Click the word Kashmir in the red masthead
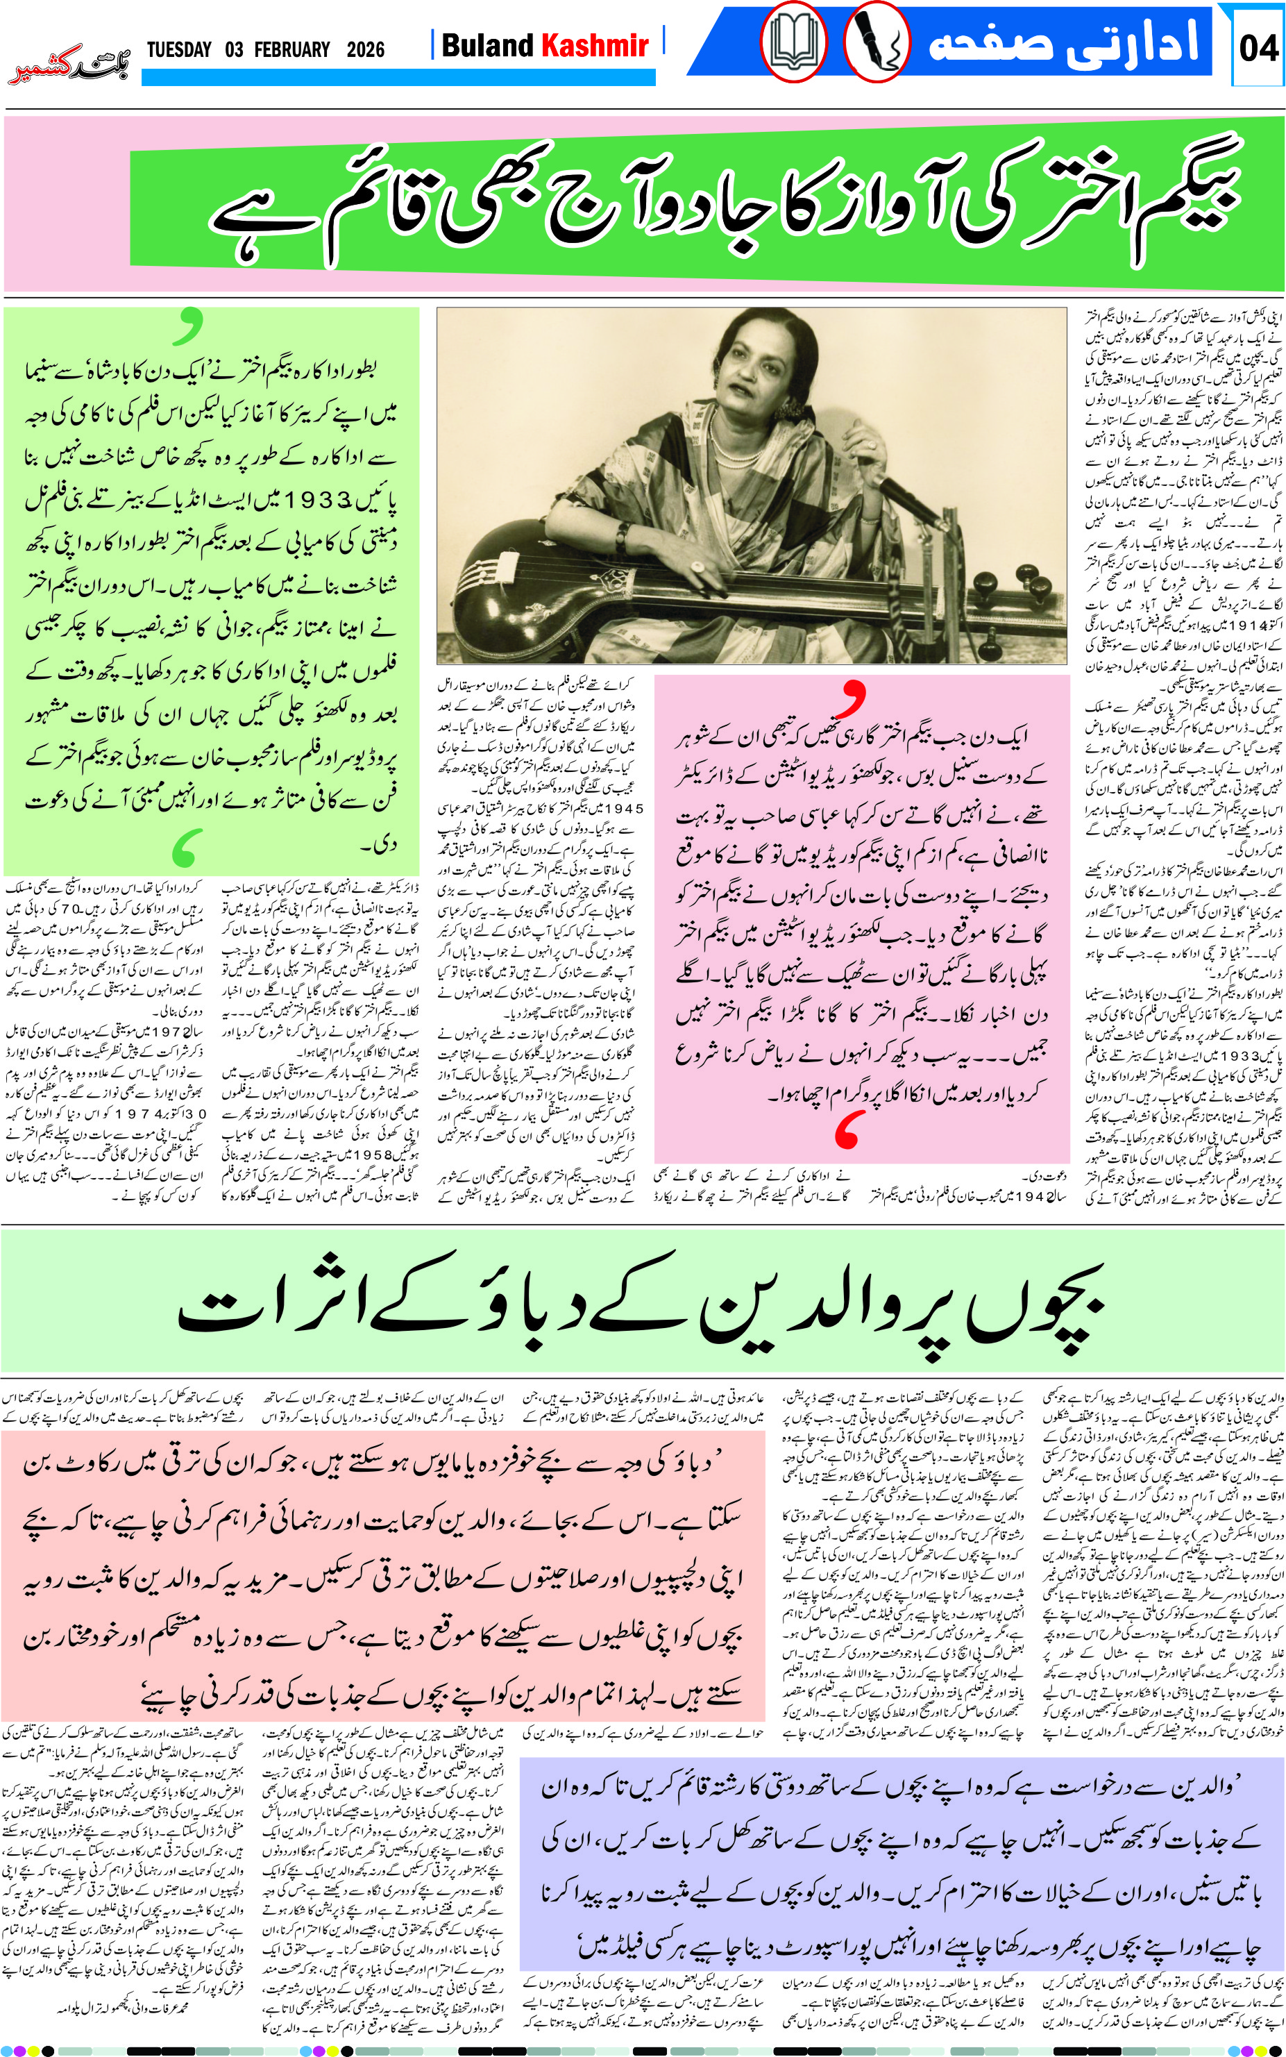pos(595,45)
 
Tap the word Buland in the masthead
pos(488,45)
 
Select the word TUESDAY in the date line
pos(178,49)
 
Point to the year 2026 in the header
pos(365,49)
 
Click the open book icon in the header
pos(793,42)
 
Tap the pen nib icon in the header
pos(876,42)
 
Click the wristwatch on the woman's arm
pos(623,535)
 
